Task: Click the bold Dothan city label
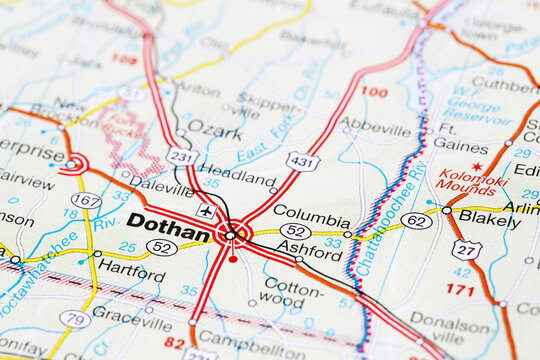click(168, 223)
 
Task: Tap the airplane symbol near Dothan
click(205, 212)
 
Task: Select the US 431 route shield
click(302, 161)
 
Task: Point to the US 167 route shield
click(86, 201)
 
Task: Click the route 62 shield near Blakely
click(416, 220)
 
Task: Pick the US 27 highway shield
click(466, 249)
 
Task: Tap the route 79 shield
click(74, 319)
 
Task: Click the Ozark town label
click(215, 132)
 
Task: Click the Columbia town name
click(311, 212)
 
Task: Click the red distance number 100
click(374, 92)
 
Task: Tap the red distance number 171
click(459, 290)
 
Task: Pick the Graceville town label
click(132, 311)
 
